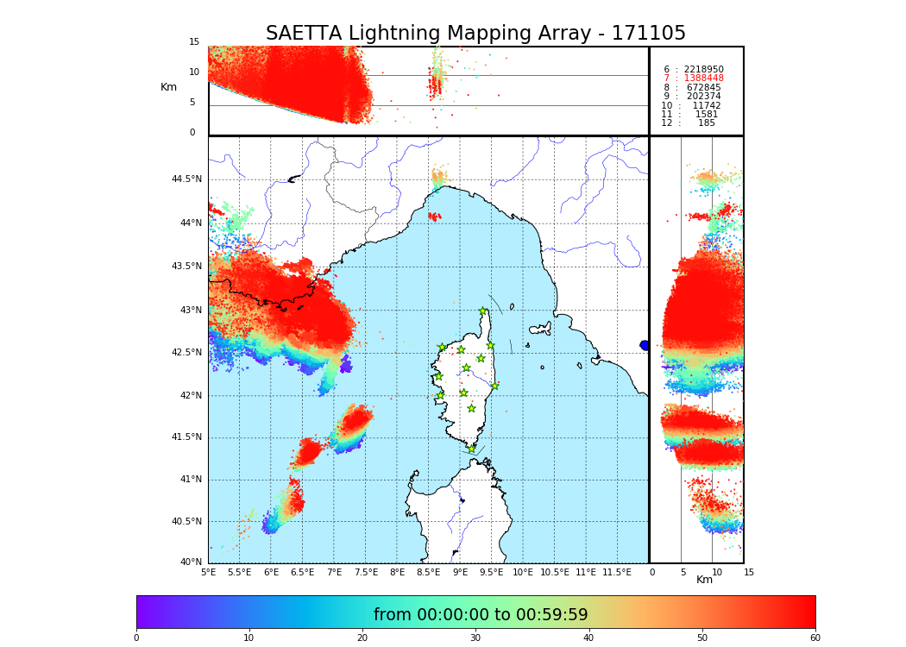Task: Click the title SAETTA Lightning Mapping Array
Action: pyautogui.click(x=475, y=34)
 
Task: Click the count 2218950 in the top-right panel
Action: pyautogui.click(x=704, y=69)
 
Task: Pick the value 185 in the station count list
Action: pyautogui.click(x=707, y=123)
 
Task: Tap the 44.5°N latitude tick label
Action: pyautogui.click(x=186, y=179)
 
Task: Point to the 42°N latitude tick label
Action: pyautogui.click(x=188, y=395)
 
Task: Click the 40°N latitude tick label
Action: pyautogui.click(x=191, y=562)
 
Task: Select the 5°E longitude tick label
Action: pyautogui.click(x=208, y=572)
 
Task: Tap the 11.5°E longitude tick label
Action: pyautogui.click(x=617, y=572)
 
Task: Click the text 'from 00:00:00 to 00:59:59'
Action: pyautogui.click(x=481, y=615)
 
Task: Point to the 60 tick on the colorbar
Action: pyautogui.click(x=815, y=638)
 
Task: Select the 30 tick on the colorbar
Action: pyautogui.click(x=475, y=638)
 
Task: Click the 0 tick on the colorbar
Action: pyautogui.click(x=136, y=638)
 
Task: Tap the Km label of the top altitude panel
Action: pyautogui.click(x=168, y=87)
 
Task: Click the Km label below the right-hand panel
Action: pyautogui.click(x=705, y=580)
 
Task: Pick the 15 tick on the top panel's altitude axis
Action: pyautogui.click(x=194, y=42)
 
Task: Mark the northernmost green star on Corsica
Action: pyautogui.click(x=483, y=311)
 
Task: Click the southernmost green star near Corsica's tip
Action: pyautogui.click(x=471, y=449)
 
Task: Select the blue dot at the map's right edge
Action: pyautogui.click(x=645, y=345)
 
